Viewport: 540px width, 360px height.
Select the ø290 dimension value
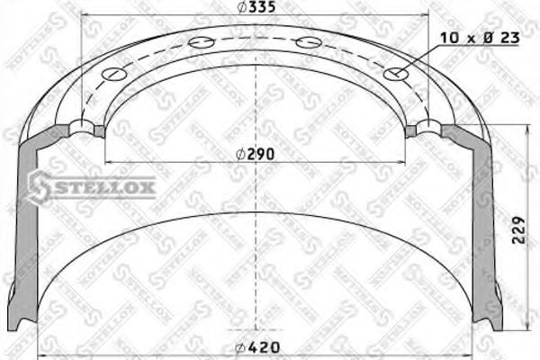pos(255,154)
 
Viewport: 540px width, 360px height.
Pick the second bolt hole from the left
pos(198,41)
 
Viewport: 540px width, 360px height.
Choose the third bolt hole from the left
pos(309,40)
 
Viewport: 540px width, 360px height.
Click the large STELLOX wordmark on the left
pos(104,187)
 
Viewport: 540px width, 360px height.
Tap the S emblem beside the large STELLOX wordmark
pos(39,186)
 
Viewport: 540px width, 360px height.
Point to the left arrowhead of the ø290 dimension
pos(109,162)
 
